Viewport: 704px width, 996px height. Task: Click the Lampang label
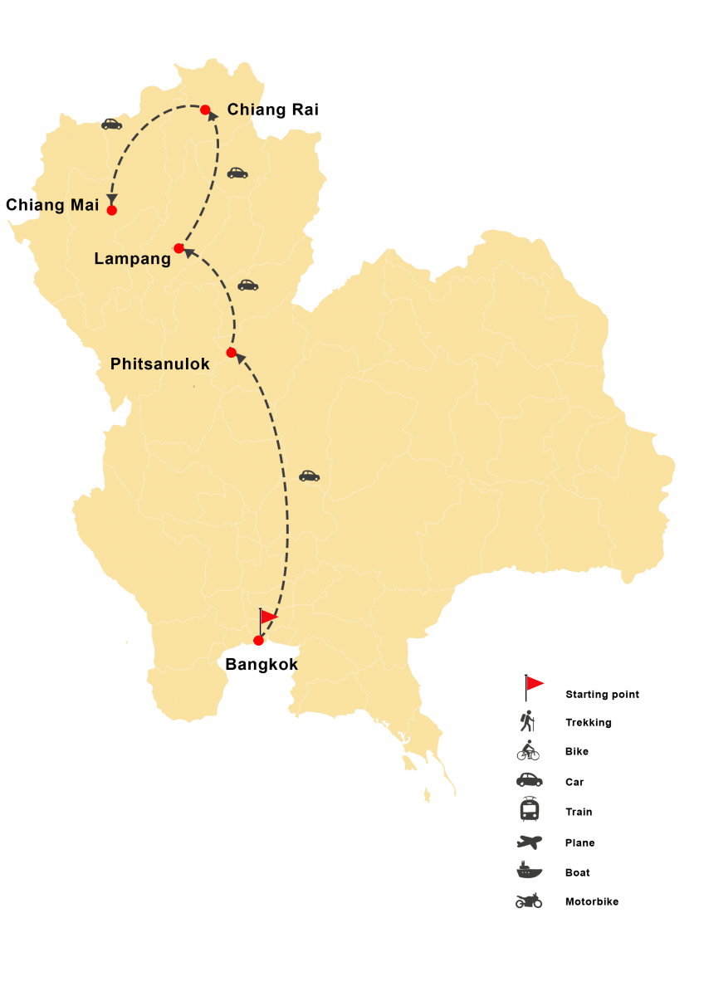coord(132,259)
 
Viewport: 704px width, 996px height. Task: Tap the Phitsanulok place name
coord(159,364)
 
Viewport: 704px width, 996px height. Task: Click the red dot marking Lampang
coord(178,248)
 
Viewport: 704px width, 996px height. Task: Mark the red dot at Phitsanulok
coord(232,353)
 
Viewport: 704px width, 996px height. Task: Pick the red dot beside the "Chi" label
coord(205,110)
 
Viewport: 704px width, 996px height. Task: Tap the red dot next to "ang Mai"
coord(112,210)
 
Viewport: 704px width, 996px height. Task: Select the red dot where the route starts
coord(258,641)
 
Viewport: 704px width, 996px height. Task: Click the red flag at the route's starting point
coord(268,617)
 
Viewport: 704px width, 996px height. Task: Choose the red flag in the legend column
coord(534,684)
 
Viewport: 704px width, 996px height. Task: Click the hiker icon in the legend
coord(528,721)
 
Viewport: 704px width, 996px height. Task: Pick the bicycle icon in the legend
coord(528,750)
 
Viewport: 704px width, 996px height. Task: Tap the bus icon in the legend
coord(529,809)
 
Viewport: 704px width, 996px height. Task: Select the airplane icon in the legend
coord(529,842)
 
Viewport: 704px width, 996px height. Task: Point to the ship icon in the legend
coord(529,871)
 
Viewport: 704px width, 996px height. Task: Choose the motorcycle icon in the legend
coord(529,901)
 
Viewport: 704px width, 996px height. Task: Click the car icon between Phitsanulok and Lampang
coord(248,285)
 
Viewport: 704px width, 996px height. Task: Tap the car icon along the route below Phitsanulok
coord(309,476)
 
